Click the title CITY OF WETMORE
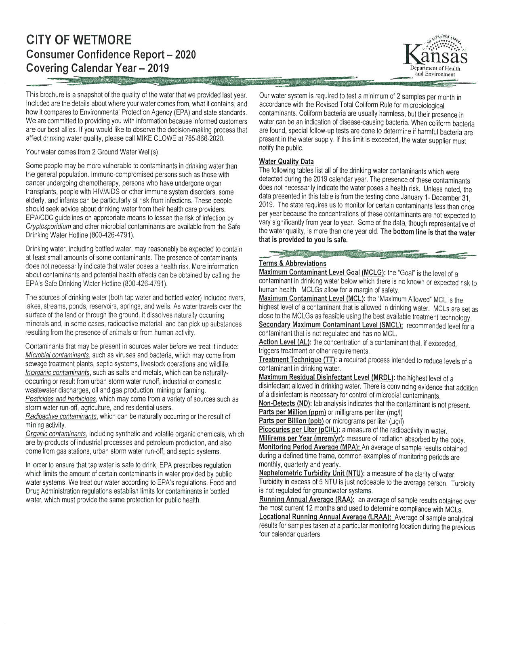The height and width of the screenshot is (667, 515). pyautogui.click(x=79, y=40)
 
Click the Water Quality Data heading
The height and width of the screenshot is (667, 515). pyautogui.click(x=286, y=162)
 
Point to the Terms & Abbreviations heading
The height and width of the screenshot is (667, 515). pyautogui.click(x=292, y=264)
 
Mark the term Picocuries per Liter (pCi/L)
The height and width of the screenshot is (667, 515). pyautogui.click(x=299, y=430)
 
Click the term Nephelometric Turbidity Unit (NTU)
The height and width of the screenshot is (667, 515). pyautogui.click(x=312, y=473)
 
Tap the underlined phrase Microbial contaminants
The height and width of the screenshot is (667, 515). pyautogui.click(x=57, y=355)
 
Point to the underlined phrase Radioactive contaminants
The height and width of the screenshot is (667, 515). pyautogui.click(x=61, y=416)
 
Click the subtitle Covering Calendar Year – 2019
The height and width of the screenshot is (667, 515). pyautogui.click(x=97, y=68)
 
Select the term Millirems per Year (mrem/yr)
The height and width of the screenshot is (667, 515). pyautogui.click(x=301, y=439)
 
